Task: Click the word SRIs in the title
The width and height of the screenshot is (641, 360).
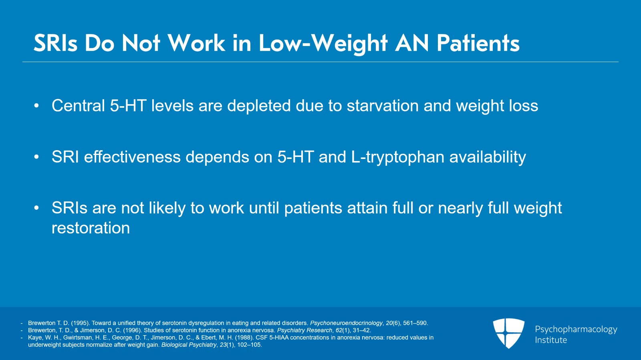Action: [55, 43]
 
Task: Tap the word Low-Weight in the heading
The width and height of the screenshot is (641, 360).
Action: [323, 43]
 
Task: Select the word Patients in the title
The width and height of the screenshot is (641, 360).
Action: [478, 43]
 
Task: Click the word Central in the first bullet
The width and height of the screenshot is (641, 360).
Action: [78, 106]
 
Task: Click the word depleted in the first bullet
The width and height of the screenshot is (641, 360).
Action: [259, 106]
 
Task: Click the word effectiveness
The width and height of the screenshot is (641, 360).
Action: [132, 157]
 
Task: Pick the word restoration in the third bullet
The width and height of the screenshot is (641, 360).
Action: [91, 228]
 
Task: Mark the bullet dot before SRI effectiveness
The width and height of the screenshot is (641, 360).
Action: [36, 157]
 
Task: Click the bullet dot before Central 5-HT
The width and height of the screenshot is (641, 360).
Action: [36, 106]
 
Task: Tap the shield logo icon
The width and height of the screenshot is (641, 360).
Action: [508, 333]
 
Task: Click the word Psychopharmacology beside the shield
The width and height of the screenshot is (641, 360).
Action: [576, 329]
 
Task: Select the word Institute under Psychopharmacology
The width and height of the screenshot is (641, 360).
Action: [551, 340]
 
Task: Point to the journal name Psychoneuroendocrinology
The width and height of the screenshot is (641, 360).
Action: [346, 323]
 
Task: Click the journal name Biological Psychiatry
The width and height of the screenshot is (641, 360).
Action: [189, 345]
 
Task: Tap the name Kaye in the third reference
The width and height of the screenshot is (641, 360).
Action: [34, 338]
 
